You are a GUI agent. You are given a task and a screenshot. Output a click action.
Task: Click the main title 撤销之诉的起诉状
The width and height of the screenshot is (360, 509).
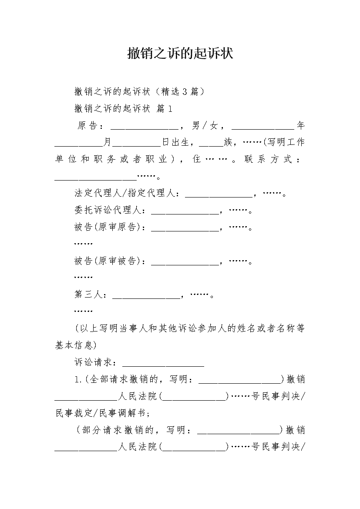[x=180, y=54]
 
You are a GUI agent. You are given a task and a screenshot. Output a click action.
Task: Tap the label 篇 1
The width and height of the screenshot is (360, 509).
[x=165, y=108]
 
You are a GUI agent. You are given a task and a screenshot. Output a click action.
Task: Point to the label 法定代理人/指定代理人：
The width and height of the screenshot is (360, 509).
[x=127, y=193]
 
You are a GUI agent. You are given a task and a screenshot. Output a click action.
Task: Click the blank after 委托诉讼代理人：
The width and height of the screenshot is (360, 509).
[x=185, y=214]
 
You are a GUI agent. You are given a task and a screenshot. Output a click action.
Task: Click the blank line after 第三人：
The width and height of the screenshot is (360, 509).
[x=146, y=298]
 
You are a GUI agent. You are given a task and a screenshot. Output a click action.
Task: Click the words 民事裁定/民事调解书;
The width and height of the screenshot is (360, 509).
[x=103, y=413]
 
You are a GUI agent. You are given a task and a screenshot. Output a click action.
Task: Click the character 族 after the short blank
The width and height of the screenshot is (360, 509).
[x=228, y=142]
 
